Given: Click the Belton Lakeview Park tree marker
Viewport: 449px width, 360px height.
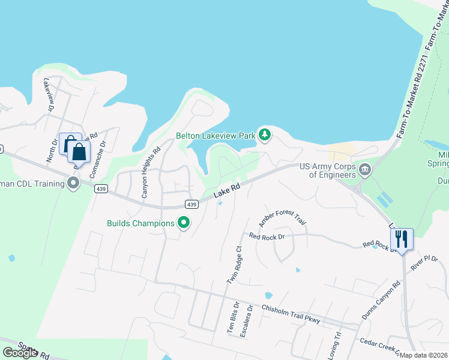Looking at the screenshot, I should [264, 135].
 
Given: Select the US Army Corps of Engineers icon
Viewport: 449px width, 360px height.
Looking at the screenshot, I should [364, 171].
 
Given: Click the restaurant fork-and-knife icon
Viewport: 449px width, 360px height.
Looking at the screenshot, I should [402, 239].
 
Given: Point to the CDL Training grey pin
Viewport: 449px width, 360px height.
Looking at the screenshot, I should [74, 183].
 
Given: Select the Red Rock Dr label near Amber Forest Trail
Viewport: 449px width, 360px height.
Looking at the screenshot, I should [266, 236].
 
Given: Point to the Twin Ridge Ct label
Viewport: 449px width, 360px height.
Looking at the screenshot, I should [234, 265].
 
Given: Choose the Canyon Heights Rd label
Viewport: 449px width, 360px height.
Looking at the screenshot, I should [151, 174].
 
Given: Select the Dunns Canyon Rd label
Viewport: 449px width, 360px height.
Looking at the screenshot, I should [381, 301].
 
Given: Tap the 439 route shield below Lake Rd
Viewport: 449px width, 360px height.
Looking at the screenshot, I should [191, 204].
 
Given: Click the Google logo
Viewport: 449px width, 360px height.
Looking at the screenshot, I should [20, 353].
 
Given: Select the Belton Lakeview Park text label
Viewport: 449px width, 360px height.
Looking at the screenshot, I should [215, 136].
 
